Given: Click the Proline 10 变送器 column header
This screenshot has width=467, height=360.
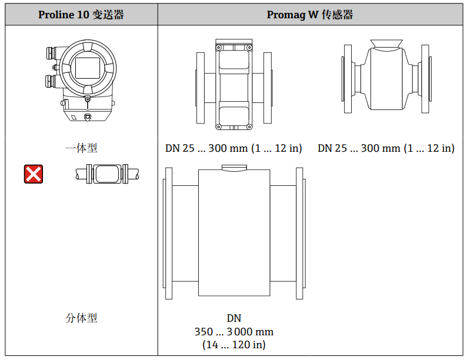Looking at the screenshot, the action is [x=81, y=15].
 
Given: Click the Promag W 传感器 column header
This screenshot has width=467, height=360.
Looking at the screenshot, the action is [x=310, y=15].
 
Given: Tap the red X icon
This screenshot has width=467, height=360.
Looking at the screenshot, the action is [x=34, y=174].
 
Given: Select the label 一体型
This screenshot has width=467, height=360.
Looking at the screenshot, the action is [x=81, y=148].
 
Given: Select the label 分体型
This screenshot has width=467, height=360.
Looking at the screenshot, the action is [x=81, y=318].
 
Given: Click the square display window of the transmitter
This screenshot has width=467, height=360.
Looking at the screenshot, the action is [x=87, y=68].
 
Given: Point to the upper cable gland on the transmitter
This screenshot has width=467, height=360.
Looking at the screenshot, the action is [x=51, y=54].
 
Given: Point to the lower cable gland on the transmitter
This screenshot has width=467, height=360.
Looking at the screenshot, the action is [x=50, y=82].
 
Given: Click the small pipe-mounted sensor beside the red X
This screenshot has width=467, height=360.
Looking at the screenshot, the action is [x=107, y=174].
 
